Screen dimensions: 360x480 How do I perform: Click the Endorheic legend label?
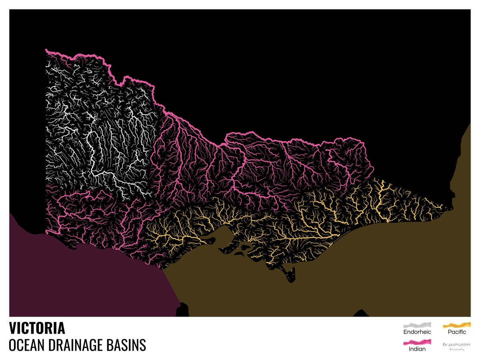417,332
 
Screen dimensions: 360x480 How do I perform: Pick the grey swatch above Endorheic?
417,324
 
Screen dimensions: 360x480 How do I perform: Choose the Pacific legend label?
457,332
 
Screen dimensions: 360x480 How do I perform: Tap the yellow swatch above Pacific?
457,324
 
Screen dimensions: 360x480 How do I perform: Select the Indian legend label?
417,349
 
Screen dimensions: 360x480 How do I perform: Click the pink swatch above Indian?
417,342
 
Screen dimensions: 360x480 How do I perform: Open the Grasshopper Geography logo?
457,346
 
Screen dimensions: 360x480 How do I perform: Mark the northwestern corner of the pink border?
46,50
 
